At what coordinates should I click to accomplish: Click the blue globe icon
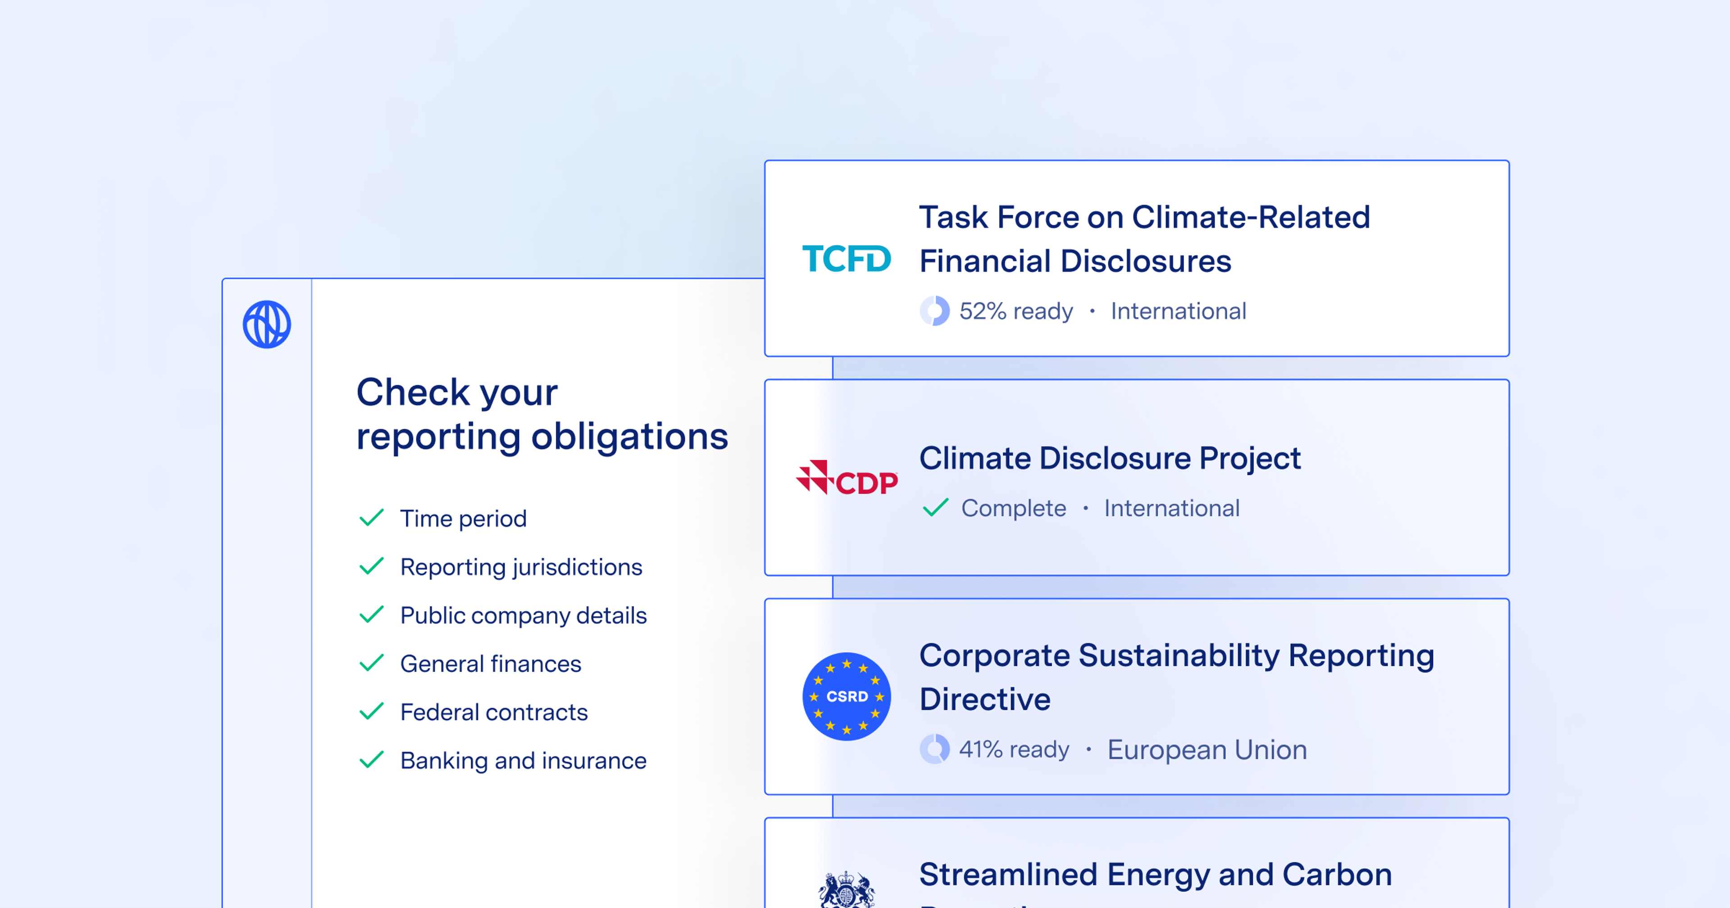267,324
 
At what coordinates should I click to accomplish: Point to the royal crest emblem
846,890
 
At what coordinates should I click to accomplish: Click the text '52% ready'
1015,311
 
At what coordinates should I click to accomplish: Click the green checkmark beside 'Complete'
936,508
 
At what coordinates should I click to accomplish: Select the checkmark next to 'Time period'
371,518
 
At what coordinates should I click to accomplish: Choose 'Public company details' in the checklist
523,615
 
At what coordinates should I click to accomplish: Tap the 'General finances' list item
490,663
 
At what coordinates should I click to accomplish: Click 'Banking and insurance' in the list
523,760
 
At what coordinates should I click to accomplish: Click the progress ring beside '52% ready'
935,311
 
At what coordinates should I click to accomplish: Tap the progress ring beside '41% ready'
935,749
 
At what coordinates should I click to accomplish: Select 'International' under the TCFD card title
1178,311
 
